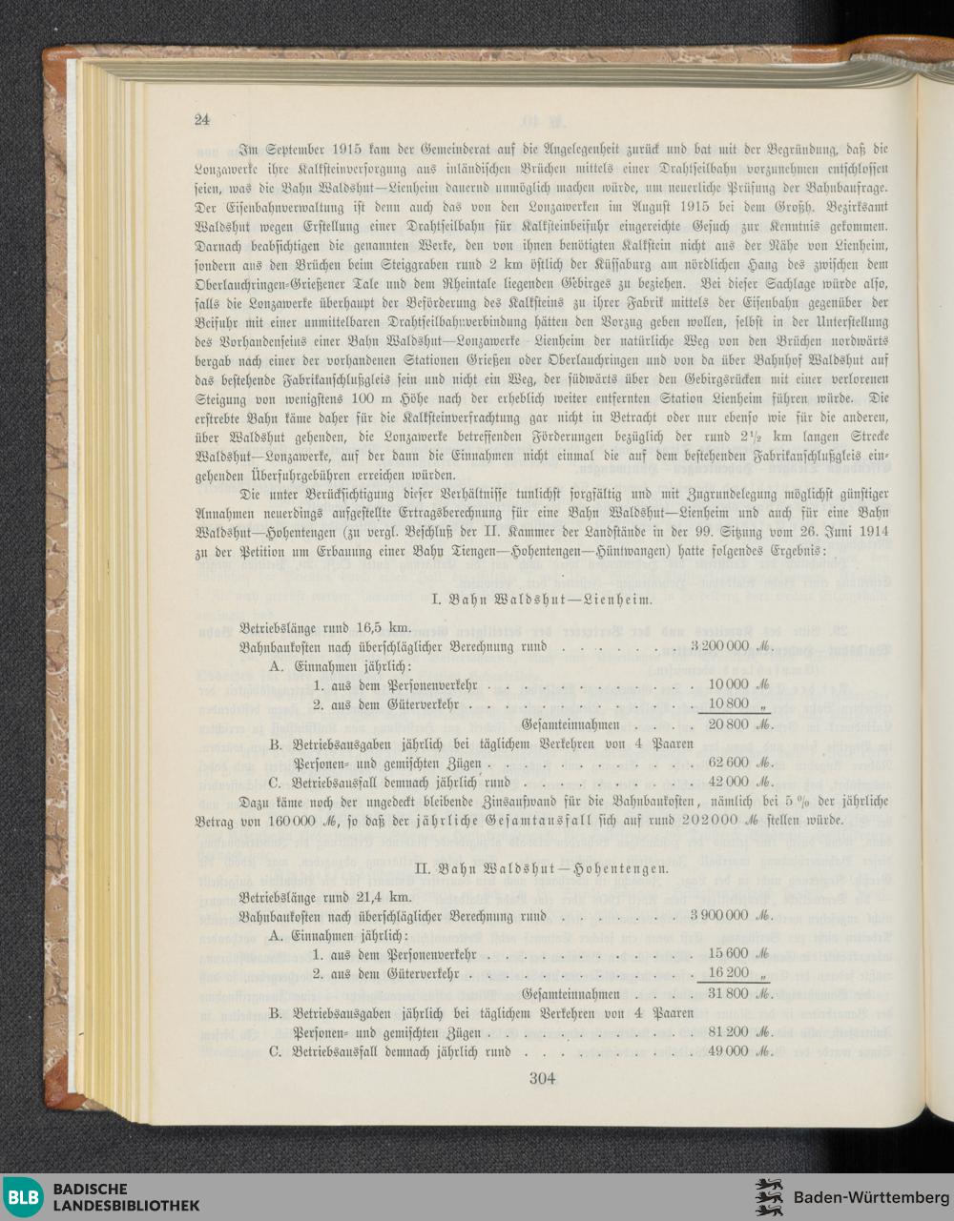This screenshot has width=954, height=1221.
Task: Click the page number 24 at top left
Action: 201,120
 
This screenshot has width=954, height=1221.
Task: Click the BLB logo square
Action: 25,1197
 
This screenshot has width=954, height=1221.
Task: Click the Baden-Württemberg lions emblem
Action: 769,1197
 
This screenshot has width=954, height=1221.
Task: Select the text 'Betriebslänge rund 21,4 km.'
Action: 326,898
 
